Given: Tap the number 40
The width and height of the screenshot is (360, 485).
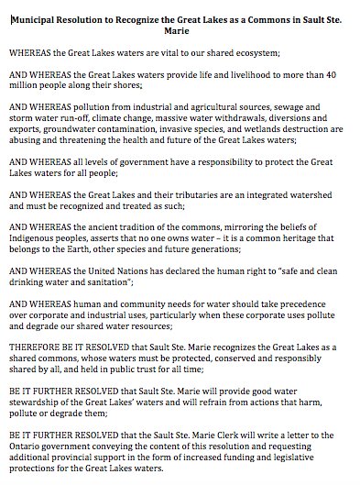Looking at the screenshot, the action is pos(338,72).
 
